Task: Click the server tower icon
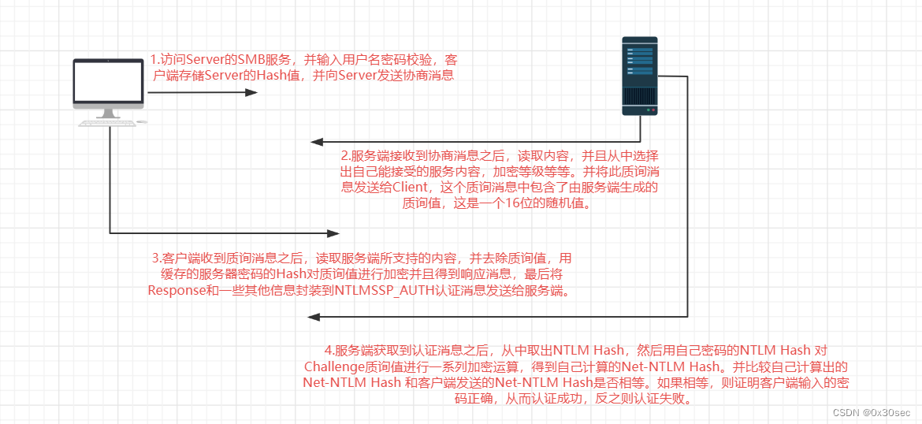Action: coord(639,75)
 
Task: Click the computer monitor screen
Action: coord(108,81)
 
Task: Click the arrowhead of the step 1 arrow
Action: coord(251,92)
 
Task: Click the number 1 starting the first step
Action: coord(154,60)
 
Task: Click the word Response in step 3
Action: coord(174,290)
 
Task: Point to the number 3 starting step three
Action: coord(155,258)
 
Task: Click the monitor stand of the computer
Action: coord(108,113)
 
